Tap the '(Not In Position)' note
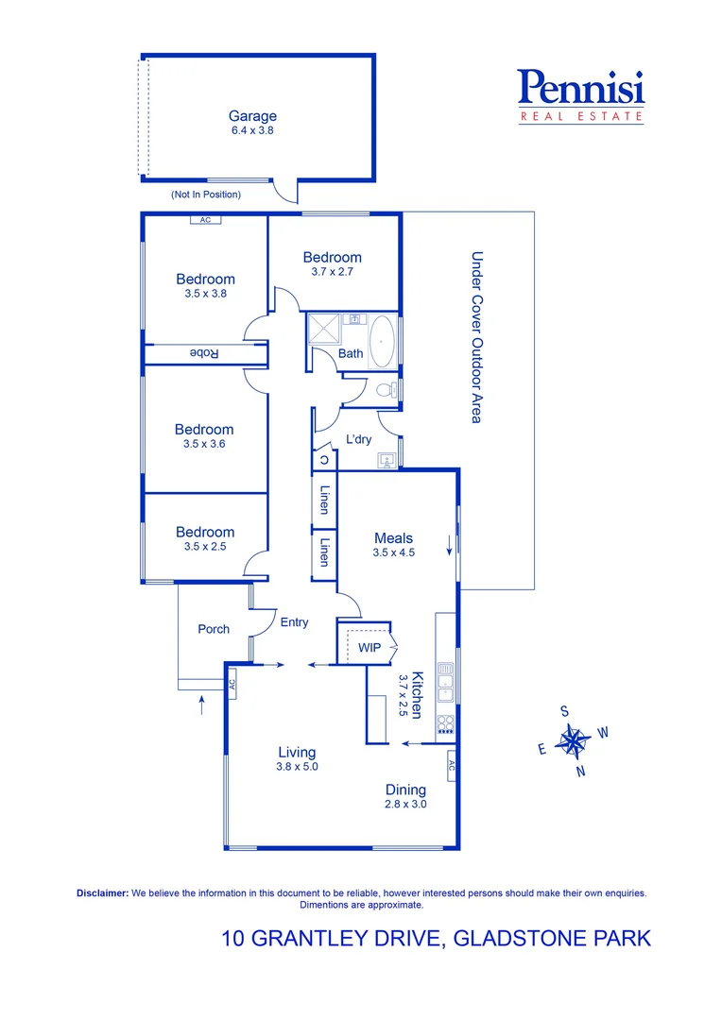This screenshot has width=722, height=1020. click(205, 195)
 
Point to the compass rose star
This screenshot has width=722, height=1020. click(572, 740)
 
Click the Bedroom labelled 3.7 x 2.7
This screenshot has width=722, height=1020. click(332, 263)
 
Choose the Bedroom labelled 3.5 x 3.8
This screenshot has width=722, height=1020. click(205, 285)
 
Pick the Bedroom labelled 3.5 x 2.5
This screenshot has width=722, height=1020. click(205, 538)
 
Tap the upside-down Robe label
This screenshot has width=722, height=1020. click(205, 353)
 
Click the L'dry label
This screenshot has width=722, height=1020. click(359, 439)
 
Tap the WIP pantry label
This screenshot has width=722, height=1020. click(369, 648)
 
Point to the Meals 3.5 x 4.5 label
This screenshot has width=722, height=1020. click(393, 545)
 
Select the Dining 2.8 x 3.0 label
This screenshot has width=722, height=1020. click(405, 796)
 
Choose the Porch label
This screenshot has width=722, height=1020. click(214, 629)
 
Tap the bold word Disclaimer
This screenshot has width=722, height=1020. click(101, 892)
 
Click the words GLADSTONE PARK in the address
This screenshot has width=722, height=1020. click(552, 939)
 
